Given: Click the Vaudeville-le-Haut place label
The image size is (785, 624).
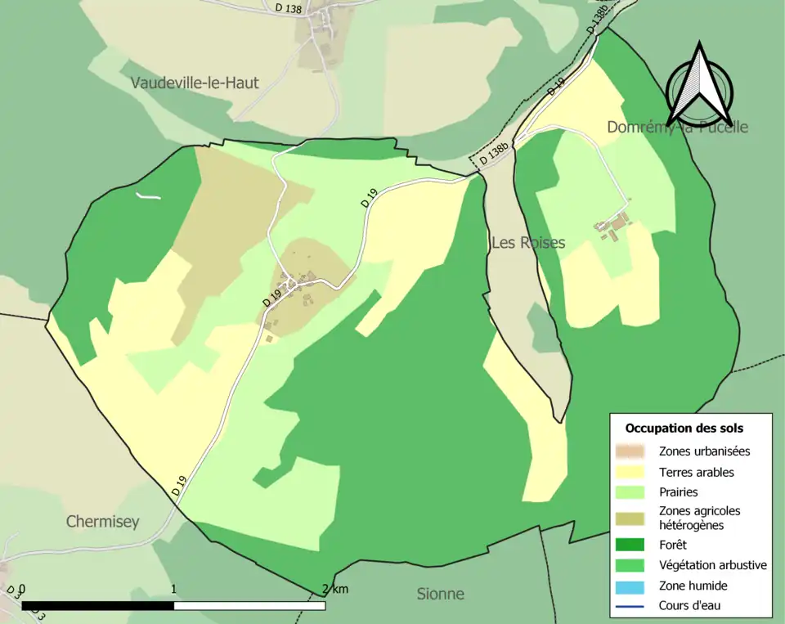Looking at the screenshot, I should click(x=195, y=83).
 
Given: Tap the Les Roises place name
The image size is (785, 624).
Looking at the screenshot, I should click(x=528, y=243).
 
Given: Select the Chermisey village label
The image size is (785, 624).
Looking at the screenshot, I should click(x=103, y=522).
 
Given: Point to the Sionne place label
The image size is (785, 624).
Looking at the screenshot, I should click(x=441, y=595).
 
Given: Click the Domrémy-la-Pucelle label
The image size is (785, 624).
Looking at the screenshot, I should click(x=677, y=128).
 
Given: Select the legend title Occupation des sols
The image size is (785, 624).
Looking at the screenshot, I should click(x=684, y=428).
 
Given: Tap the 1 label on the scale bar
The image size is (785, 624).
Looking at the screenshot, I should click(x=174, y=590).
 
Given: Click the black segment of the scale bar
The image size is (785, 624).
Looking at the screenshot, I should click(x=98, y=606).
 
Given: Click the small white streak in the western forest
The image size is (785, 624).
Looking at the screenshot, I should click(x=148, y=195).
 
